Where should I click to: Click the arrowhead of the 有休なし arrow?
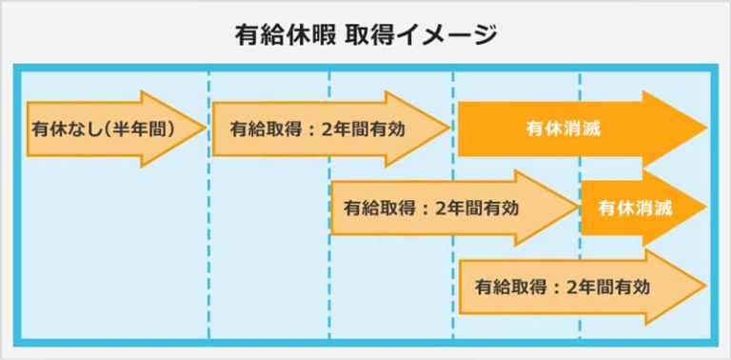coord(186,129)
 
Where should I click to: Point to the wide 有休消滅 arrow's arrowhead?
coord(685,129)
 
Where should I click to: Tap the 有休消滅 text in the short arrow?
coord(635,207)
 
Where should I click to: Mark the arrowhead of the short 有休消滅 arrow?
coord(692,207)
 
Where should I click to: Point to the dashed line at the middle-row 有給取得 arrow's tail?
coord(329,267)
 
